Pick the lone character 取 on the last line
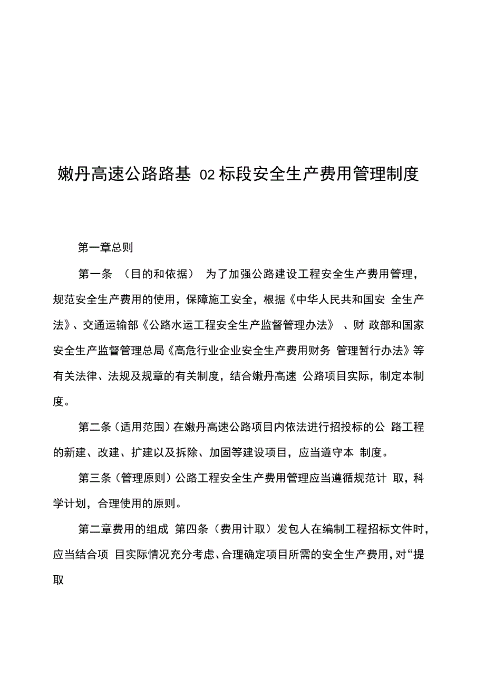(59, 580)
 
